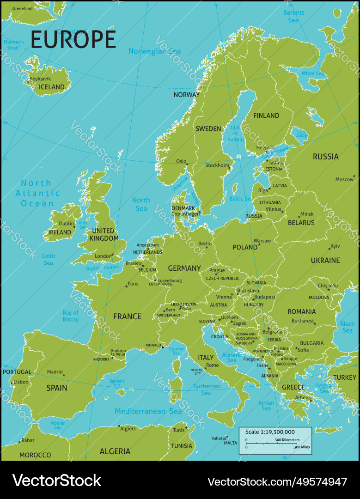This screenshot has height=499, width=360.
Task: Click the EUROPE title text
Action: pos(73,40)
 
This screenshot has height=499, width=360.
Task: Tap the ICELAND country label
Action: pos(51,87)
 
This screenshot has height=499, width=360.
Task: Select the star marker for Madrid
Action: pos(64,375)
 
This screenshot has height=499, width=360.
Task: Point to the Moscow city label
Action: pos(344,179)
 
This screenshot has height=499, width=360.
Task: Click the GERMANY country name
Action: pos(184,268)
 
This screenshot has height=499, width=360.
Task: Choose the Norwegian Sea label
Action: pos(154,51)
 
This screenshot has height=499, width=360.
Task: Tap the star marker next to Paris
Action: pos(126,286)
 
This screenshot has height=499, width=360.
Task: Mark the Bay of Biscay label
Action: pos(71,316)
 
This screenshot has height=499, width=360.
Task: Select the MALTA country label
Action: pos(230,443)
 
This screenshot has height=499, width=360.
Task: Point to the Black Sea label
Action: pos(348,327)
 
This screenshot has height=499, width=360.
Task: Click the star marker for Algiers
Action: pos(119,426)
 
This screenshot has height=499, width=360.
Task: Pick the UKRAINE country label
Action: pos(325,261)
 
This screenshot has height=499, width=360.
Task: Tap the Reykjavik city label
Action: pos(40,79)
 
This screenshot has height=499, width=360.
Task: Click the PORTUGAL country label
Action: pos(17,372)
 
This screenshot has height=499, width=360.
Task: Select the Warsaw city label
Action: pos(262,241)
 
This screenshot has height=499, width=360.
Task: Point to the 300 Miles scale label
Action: pos(302,447)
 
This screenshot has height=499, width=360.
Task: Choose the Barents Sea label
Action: pos(293,16)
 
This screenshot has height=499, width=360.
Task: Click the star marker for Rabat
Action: pos(19,442)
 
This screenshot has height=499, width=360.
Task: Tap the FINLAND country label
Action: pos(266,116)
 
